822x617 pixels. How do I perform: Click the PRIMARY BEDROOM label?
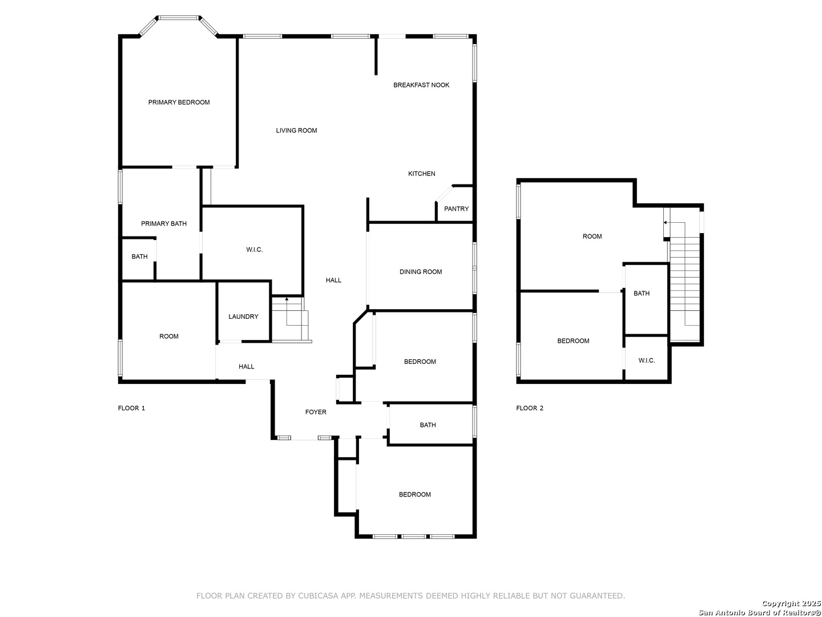click(179, 102)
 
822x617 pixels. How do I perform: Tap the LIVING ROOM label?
click(296, 130)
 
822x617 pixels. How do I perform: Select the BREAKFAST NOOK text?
click(421, 85)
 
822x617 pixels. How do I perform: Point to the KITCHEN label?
click(421, 174)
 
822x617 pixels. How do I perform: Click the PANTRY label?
click(456, 209)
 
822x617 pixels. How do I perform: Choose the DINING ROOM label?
click(421, 271)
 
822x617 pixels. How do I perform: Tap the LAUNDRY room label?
click(243, 316)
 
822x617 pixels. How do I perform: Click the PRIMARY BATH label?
click(164, 223)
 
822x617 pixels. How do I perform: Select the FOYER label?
click(316, 412)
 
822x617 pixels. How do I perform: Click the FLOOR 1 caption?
click(131, 408)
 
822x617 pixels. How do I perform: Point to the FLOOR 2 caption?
click(529, 408)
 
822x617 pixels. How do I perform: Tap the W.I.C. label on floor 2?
click(646, 360)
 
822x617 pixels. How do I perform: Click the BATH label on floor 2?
click(641, 293)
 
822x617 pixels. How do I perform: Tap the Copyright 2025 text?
click(791, 603)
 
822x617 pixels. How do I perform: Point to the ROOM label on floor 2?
click(592, 237)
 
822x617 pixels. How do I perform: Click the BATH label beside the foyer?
click(428, 425)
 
